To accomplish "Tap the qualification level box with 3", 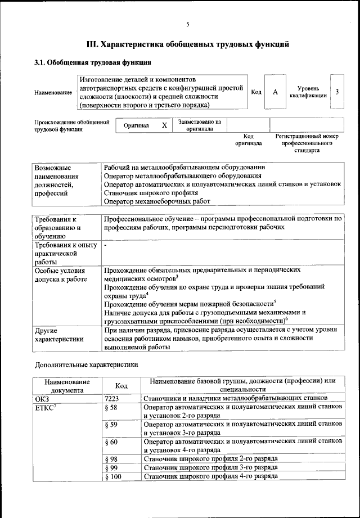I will (x=336, y=92).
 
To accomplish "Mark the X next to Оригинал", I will (x=164, y=125).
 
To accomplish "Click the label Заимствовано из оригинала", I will (x=199, y=125).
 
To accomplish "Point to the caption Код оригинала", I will (x=248, y=139).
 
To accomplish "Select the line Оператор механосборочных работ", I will (x=157, y=201).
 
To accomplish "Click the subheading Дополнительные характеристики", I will (x=86, y=364).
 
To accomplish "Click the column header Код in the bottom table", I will (x=120, y=386).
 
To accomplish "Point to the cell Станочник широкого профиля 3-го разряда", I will (x=210, y=468).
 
